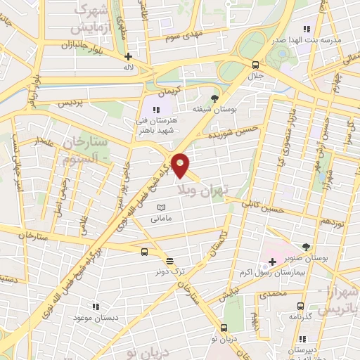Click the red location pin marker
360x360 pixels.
[181, 165]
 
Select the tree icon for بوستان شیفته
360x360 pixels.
[214, 98]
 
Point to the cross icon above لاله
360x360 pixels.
[127, 56]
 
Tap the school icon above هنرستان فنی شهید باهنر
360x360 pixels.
[156, 110]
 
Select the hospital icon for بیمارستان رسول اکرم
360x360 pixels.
[272, 262]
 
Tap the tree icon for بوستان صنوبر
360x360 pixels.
[306, 246]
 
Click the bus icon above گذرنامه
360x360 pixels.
[301, 307]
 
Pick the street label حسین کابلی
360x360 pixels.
[262, 205]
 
